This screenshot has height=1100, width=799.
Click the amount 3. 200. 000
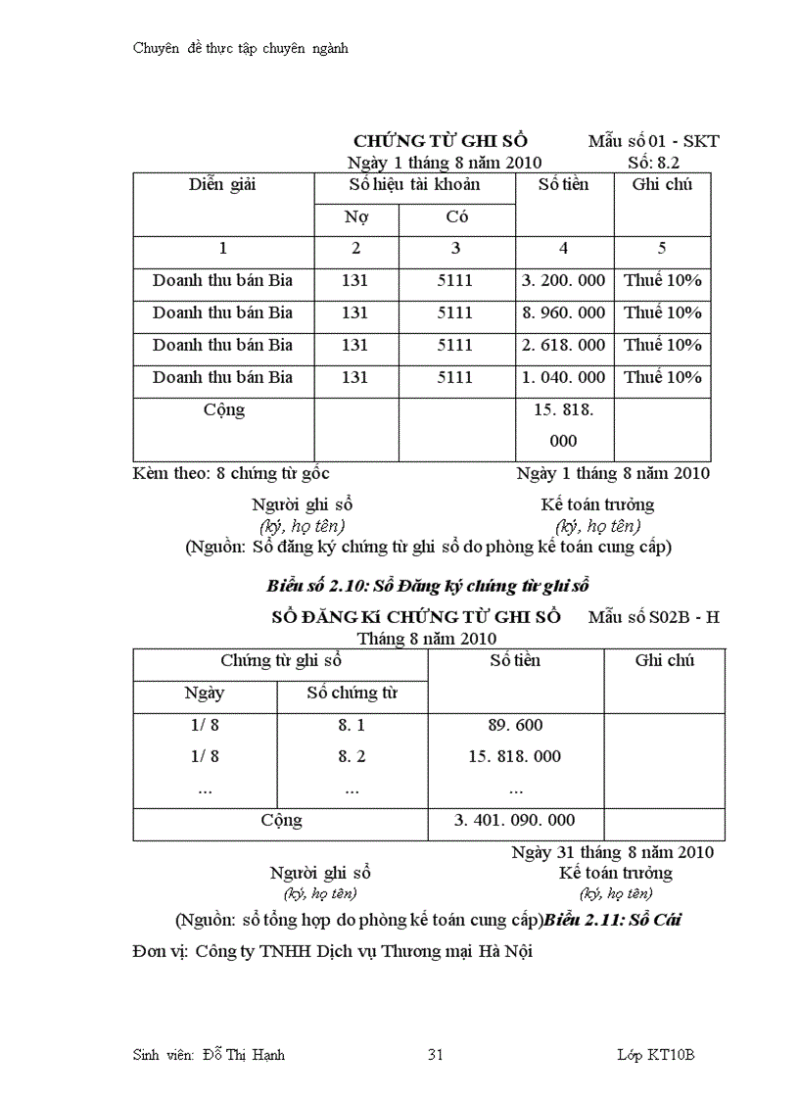tap(563, 281)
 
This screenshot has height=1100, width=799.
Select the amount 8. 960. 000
tap(563, 313)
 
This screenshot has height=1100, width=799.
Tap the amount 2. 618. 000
tap(563, 345)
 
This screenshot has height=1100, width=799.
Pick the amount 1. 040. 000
tap(563, 377)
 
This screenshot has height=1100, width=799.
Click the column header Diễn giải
tap(222, 185)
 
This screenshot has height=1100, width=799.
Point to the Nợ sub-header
tap(355, 217)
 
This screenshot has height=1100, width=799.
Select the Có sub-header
tap(455, 217)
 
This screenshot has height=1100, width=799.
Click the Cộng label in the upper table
tap(223, 409)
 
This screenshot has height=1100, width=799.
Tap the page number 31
tap(437, 1055)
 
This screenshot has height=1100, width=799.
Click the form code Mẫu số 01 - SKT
tap(653, 141)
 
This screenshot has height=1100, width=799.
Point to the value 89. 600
tap(515, 726)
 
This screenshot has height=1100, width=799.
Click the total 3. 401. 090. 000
tap(515, 820)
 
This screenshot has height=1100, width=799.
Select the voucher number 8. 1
tap(352, 726)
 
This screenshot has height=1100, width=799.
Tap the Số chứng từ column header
tap(352, 693)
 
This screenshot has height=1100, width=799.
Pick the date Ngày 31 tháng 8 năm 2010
tap(612, 852)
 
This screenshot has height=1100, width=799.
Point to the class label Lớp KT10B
tap(656, 1055)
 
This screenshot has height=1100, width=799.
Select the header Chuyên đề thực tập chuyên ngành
tap(240, 48)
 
